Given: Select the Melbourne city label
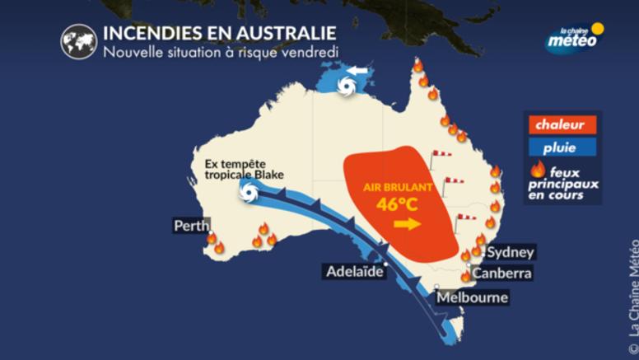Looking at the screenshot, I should coord(472,297).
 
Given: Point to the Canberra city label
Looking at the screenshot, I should coord(502,273).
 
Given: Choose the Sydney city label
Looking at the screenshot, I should coord(511,252).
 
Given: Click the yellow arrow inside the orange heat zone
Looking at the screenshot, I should coord(405,224).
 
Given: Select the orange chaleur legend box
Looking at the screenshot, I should coord(560,125).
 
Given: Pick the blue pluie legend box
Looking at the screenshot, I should coord(560,148).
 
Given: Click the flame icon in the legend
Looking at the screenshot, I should coord(539,169).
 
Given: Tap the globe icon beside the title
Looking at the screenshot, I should coord(78,41).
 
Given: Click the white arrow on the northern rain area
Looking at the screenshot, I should coord(356,73).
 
